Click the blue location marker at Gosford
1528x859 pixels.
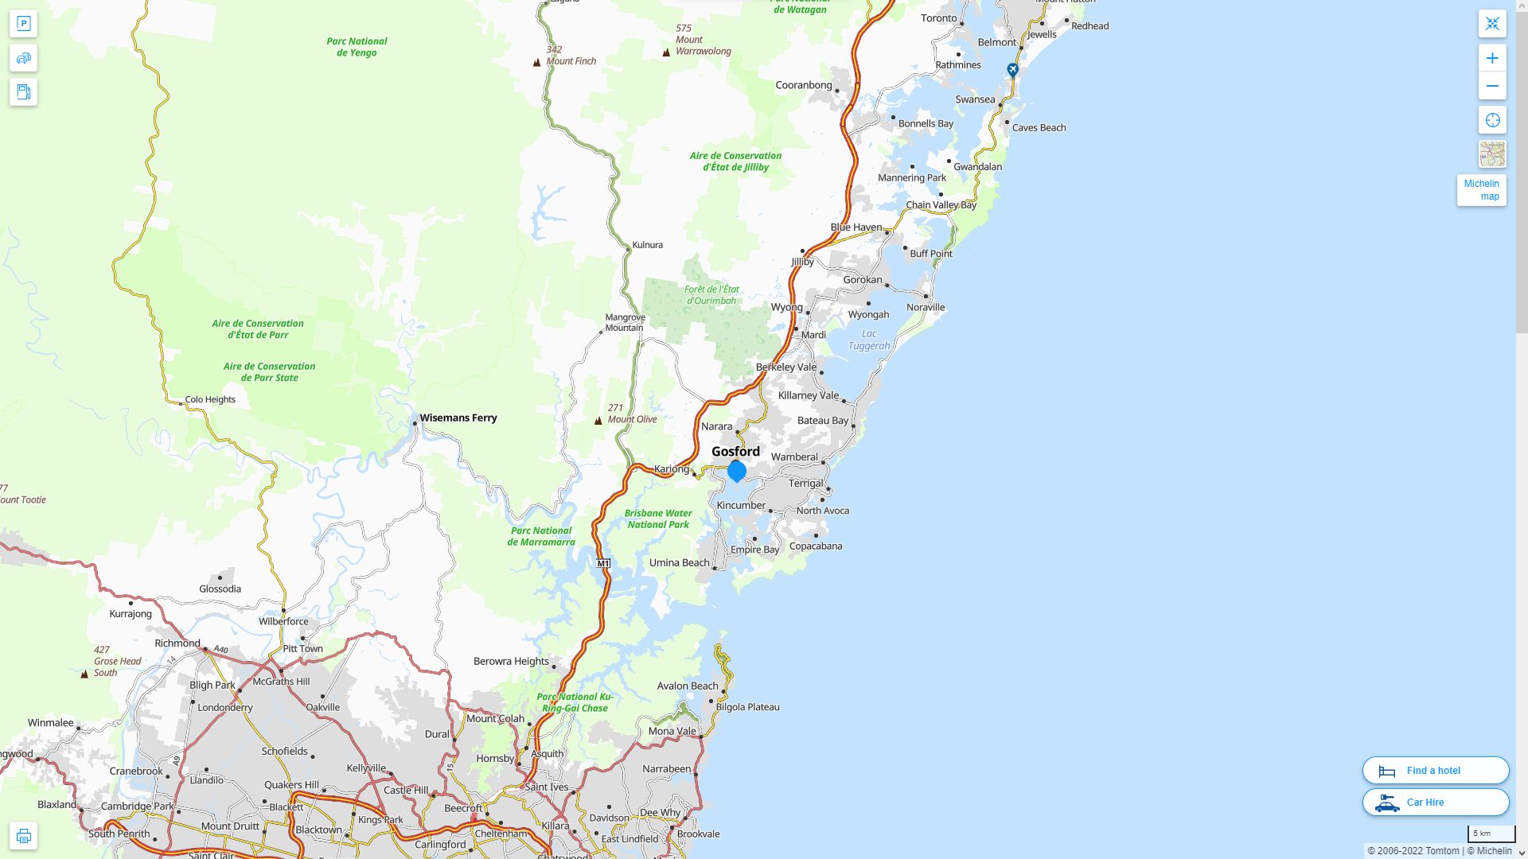coord(737,471)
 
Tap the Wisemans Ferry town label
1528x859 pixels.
coord(458,418)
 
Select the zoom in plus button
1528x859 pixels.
coord(1492,58)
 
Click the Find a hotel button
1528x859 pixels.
coord(1435,770)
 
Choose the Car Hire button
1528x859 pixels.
coord(1435,802)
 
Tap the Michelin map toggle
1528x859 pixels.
coord(1481,190)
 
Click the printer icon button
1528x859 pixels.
coord(23,836)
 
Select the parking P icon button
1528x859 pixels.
coord(23,24)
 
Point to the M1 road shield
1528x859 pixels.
coord(603,563)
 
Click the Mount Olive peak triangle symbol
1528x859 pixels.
coord(598,421)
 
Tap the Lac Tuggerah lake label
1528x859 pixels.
coord(869,340)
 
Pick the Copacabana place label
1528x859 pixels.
coord(816,546)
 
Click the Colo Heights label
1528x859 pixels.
coord(210,399)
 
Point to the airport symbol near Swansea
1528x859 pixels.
coord(1012,70)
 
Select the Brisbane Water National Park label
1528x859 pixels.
coord(658,519)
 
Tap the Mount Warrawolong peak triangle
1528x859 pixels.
coord(666,52)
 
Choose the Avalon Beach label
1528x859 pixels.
coord(688,686)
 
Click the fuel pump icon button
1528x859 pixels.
coord(23,92)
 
